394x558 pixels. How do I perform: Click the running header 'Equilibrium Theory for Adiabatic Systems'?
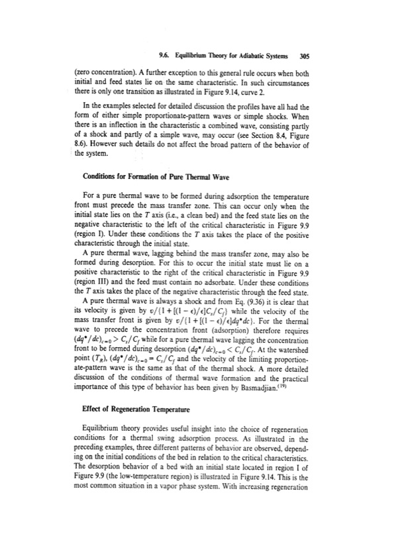tap(226, 38)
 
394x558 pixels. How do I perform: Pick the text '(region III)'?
tap(101, 274)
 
